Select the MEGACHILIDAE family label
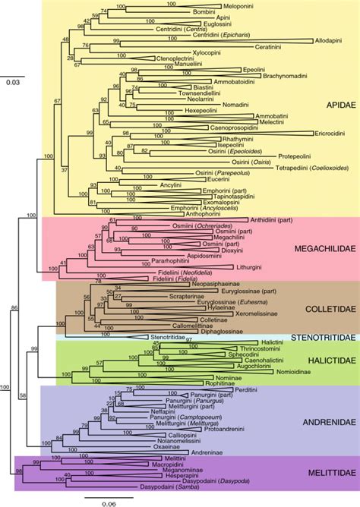321,249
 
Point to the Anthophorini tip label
198,213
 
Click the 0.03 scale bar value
11,82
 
